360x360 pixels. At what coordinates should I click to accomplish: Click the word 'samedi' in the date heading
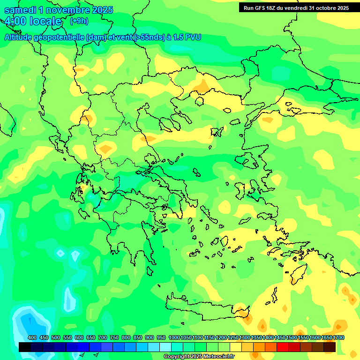point(20,10)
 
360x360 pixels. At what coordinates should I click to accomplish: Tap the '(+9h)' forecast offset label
point(79,21)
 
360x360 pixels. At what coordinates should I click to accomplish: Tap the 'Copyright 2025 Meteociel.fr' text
point(199,357)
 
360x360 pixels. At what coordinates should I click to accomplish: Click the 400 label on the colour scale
point(32,337)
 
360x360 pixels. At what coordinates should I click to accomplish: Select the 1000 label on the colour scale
point(174,337)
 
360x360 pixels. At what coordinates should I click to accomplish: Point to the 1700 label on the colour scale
point(338,337)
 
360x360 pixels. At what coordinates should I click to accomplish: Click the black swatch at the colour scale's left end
point(25,347)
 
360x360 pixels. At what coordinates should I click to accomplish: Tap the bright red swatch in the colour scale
point(283,347)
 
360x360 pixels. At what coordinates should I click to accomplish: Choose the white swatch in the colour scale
point(165,347)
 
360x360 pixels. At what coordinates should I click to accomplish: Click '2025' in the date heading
point(99,10)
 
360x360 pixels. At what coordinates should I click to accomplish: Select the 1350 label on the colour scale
point(256,337)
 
